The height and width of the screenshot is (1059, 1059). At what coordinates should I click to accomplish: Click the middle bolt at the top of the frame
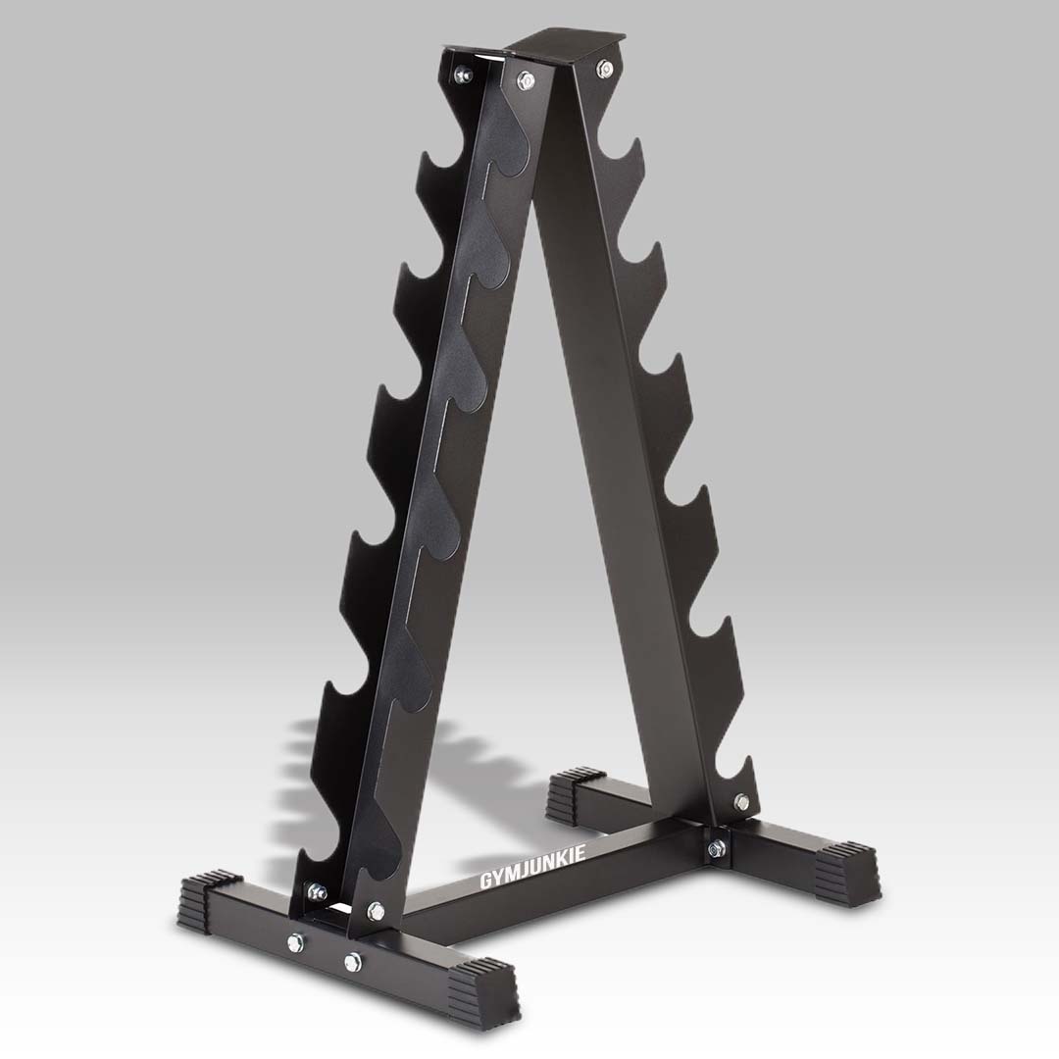[528, 81]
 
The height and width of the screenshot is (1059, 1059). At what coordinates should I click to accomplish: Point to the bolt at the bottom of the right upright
[740, 801]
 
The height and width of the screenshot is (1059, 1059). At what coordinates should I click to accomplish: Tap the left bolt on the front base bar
[296, 944]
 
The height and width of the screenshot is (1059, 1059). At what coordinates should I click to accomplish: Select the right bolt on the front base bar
[352, 962]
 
